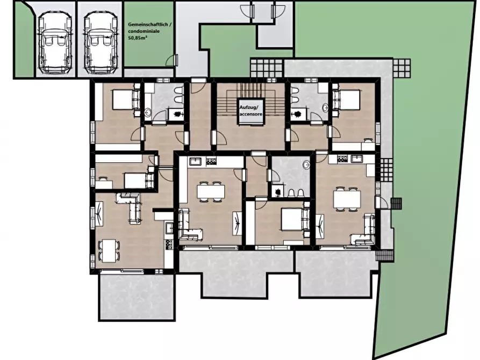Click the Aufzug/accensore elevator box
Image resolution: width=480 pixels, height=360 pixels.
tap(250, 111)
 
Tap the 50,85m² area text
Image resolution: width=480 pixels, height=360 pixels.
tap(138, 38)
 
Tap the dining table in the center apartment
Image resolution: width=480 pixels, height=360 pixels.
tap(211, 192)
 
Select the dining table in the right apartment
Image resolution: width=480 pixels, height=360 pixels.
tap(347, 199)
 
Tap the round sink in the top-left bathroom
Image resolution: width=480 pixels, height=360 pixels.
tap(148, 113)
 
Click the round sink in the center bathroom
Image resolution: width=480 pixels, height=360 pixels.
tap(306, 165)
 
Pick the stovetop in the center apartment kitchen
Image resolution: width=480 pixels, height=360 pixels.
tap(211, 161)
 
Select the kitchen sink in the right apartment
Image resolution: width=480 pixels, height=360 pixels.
tap(357, 159)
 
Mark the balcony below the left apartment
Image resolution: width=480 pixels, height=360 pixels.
tap(137, 297)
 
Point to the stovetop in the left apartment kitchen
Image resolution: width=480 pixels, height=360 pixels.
tap(169, 244)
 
